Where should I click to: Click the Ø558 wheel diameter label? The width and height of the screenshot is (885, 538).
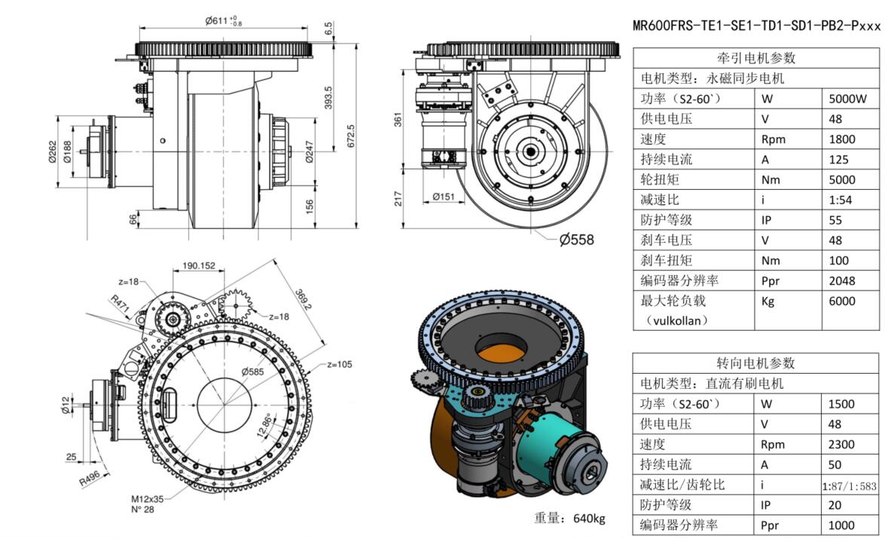click(576, 240)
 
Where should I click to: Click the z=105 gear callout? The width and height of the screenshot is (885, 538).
click(340, 364)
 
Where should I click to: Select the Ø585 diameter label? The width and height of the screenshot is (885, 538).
click(252, 371)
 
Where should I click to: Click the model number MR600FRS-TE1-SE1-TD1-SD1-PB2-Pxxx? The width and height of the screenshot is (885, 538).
click(756, 26)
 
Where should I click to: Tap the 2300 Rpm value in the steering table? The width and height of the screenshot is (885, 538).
click(841, 445)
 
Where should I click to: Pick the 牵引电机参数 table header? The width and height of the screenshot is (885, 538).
click(755, 58)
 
